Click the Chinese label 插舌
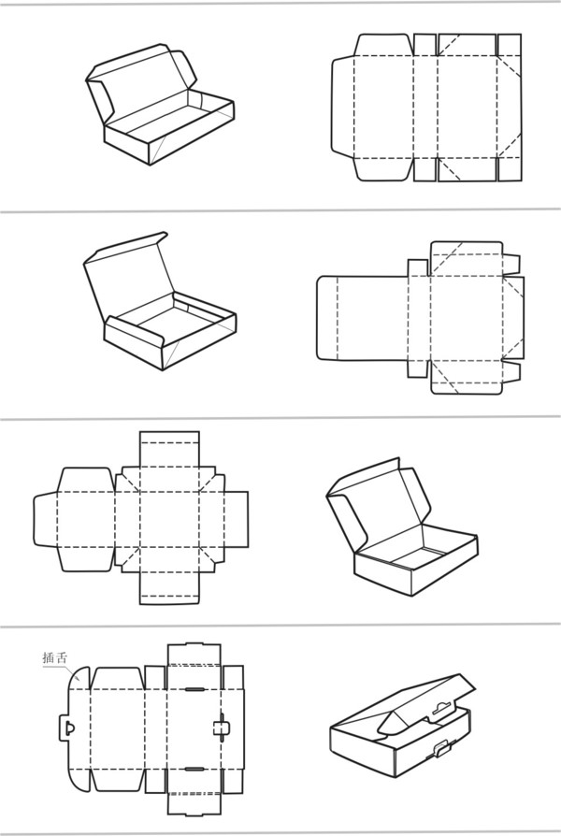click(55, 657)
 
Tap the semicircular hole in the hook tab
click(69, 728)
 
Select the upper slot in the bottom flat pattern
click(194, 689)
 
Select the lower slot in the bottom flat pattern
click(194, 770)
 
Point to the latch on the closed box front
click(442, 749)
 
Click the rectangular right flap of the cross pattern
click(237, 519)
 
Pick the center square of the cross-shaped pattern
click(169, 519)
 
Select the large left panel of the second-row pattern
click(363, 318)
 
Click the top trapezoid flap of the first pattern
click(384, 45)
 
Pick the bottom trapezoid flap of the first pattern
click(384, 169)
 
